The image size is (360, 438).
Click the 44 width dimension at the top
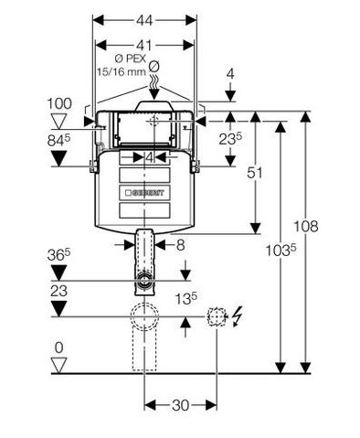tap(144, 21)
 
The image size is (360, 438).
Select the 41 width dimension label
tap(143, 46)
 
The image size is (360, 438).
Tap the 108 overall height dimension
tap(306, 226)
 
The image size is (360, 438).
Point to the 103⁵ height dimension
tap(281, 251)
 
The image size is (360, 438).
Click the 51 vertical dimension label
tap(254, 173)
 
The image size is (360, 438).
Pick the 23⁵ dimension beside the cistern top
tap(230, 139)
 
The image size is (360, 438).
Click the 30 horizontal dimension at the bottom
tap(180, 405)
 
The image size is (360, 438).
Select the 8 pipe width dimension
tap(181, 245)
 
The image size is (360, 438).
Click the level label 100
tap(59, 103)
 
